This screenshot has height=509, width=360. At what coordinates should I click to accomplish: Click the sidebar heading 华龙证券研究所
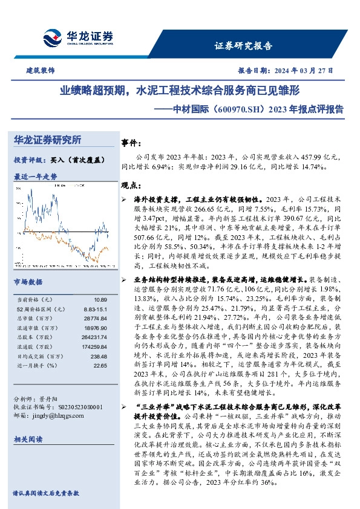(47, 140)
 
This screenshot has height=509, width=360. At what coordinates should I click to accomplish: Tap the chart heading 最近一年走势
(34, 177)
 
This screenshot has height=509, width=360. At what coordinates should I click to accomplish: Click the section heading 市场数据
(28, 282)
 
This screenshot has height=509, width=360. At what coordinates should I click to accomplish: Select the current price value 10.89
(100, 299)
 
